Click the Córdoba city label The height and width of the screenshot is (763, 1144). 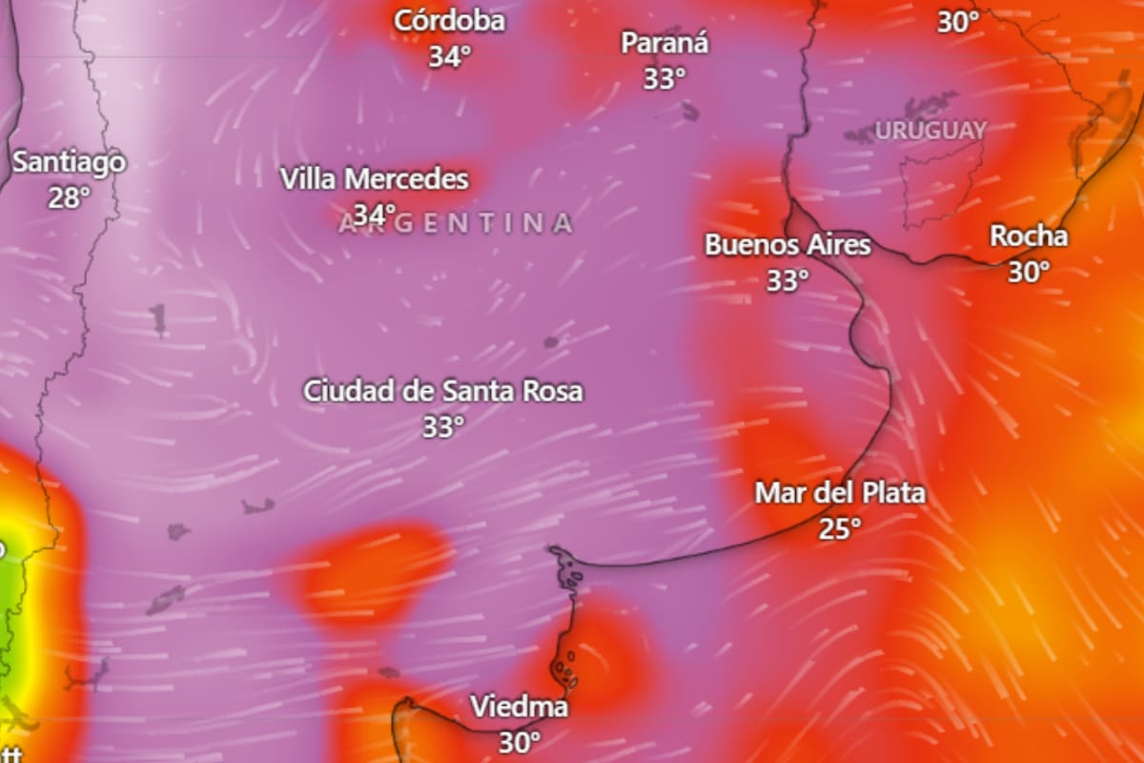449,21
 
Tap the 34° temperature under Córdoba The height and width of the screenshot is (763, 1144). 449,56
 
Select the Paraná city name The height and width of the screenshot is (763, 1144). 664,43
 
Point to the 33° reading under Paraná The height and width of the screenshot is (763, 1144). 664,78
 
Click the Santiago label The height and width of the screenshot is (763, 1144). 69,162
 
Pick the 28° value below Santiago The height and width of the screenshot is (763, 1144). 69,197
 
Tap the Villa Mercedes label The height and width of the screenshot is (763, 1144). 375,179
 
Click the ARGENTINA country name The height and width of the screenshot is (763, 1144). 457,224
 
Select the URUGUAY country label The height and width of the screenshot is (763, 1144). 930,132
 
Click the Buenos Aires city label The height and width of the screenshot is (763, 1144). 787,245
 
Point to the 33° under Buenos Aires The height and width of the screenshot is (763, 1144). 787,280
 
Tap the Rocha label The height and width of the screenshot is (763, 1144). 1029,237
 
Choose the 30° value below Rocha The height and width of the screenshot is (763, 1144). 1029,272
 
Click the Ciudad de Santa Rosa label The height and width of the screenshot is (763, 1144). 442,391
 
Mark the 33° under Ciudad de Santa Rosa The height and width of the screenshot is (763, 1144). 442,426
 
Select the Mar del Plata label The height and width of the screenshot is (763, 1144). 840,493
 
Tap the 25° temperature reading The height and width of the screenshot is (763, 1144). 840,528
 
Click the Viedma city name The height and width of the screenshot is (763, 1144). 520,707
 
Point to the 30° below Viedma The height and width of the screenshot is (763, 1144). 520,741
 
